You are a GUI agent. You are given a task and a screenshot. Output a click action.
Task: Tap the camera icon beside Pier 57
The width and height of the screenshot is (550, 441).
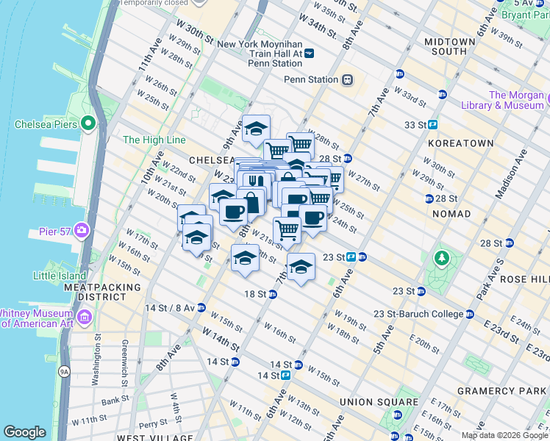(x=81, y=231)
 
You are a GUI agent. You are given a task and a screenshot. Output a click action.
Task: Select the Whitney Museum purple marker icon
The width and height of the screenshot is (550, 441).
(x=85, y=318)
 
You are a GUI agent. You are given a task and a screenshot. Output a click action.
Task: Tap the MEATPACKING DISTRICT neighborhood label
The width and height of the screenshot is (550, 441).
(x=102, y=292)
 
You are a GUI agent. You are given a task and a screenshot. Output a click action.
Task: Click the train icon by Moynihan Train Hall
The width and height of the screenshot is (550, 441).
(x=309, y=54)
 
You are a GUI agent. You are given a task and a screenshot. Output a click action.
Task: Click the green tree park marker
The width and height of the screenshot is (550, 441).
(x=441, y=258)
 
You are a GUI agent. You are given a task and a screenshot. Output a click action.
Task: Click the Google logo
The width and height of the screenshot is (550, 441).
(x=24, y=432)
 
